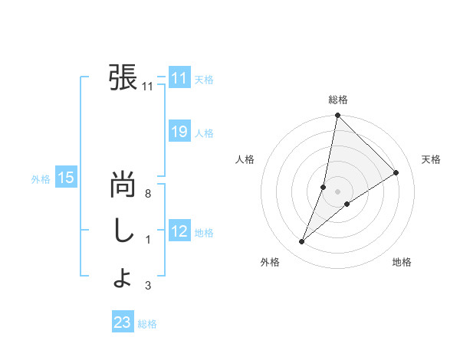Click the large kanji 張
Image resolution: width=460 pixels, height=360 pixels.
[123, 77]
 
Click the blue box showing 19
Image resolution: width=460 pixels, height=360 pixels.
[179, 132]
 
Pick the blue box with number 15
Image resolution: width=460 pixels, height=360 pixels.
[65, 178]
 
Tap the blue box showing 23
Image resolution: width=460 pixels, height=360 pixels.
[123, 322]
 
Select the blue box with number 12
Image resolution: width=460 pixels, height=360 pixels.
[179, 231]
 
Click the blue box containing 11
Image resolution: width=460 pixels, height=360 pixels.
[179, 78]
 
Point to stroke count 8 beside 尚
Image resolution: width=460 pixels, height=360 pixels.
[148, 194]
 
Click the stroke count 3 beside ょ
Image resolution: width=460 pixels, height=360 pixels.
[148, 286]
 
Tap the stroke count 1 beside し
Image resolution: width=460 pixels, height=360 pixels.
[148, 240]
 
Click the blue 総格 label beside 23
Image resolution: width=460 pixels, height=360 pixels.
[147, 324]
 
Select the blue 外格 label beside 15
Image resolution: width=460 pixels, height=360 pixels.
[41, 179]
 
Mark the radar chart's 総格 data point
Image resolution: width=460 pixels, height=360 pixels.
[337, 116]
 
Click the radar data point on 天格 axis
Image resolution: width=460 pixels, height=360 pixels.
[396, 173]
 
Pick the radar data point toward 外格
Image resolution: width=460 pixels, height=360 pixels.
[302, 242]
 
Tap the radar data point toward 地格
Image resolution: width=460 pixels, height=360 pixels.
[347, 203]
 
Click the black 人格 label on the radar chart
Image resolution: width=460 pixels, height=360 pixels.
[245, 159]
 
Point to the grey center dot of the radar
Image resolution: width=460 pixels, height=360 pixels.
[337, 191]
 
